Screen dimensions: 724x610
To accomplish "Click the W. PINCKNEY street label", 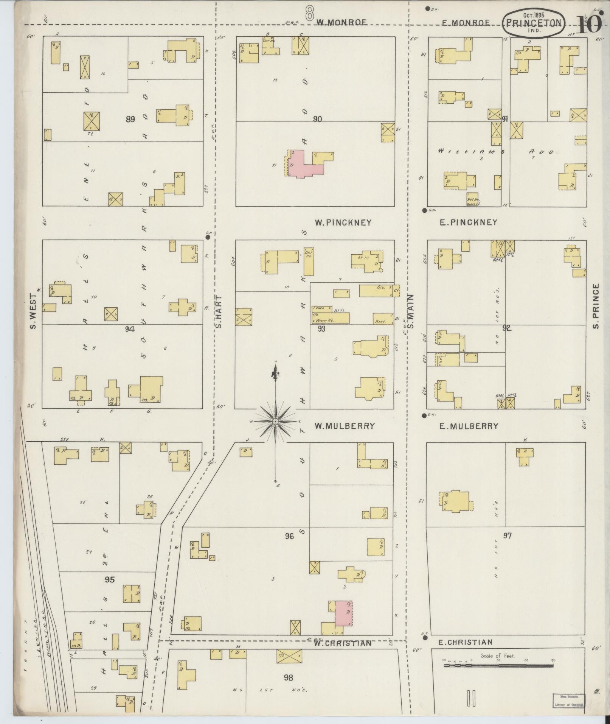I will [343, 223].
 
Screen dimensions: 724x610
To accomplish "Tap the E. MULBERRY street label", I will [469, 426].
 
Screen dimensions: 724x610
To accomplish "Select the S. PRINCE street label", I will [596, 307].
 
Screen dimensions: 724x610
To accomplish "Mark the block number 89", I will [130, 120].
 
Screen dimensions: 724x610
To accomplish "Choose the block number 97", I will [507, 536].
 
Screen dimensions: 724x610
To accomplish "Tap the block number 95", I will [109, 579].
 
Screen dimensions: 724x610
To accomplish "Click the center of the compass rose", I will [276, 421].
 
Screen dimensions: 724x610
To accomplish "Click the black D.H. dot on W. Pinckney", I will [208, 237].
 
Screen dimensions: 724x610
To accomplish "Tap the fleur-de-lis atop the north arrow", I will [276, 373].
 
